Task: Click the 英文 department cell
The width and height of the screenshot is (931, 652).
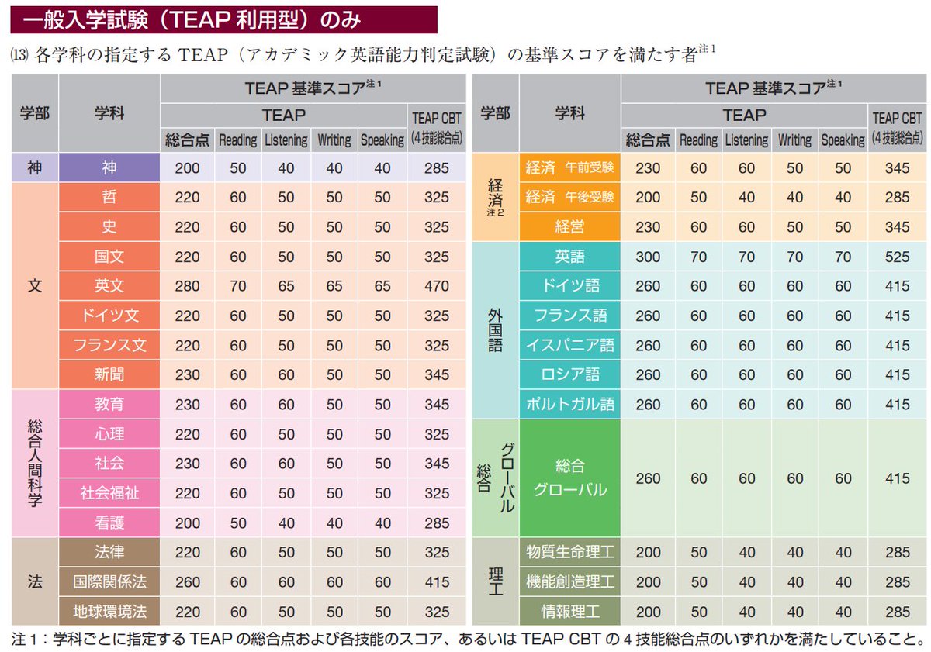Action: point(109,285)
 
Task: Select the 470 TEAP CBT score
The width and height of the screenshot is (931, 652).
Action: point(437,285)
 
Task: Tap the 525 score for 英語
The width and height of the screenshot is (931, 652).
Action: point(897,256)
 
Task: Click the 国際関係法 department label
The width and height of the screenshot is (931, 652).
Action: point(109,581)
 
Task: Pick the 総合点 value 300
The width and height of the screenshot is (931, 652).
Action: point(648,256)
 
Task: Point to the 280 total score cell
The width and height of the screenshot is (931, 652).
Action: point(187,285)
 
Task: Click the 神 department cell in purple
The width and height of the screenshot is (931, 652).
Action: point(109,167)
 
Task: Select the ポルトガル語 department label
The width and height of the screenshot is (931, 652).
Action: point(569,404)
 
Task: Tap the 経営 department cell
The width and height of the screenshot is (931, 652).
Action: point(569,226)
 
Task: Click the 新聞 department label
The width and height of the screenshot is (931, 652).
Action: point(109,374)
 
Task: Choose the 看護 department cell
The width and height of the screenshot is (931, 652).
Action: point(109,523)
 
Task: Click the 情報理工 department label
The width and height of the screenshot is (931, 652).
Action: point(569,611)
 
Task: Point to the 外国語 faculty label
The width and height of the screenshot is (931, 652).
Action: point(495,329)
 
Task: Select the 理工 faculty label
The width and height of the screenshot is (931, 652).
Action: point(495,581)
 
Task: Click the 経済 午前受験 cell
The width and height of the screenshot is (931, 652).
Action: point(569,167)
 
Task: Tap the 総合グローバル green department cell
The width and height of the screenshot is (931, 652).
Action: point(569,478)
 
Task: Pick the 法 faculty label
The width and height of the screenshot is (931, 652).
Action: point(35,581)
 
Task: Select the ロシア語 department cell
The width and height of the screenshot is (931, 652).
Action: point(569,374)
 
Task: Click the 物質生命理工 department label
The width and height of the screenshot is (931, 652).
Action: point(569,552)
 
